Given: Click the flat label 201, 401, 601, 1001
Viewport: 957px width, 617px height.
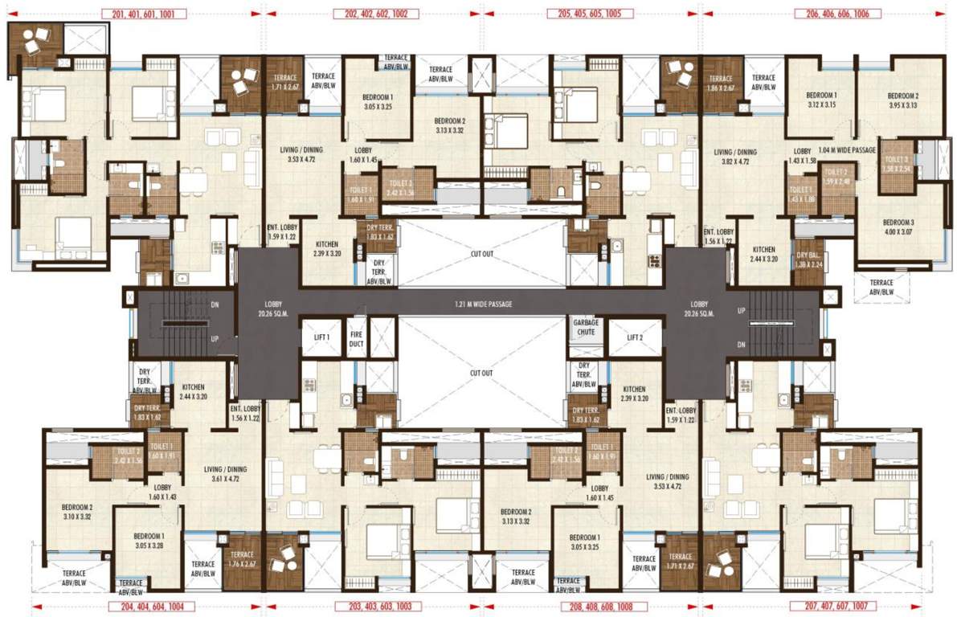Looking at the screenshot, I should (x=145, y=14).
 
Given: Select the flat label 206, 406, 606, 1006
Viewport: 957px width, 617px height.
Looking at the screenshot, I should (x=837, y=14).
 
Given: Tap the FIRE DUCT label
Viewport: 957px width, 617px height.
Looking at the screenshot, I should (x=356, y=337).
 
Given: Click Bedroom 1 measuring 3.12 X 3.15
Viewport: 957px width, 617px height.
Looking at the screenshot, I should (x=821, y=99).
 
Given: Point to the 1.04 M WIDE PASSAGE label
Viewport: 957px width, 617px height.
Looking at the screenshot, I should (x=846, y=150).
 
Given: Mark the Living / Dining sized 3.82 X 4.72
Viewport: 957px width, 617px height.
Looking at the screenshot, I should (x=736, y=157).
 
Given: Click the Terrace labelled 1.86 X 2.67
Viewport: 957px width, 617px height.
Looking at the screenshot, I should (x=721, y=83).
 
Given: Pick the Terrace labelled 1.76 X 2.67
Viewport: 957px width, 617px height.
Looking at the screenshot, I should (x=242, y=559).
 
